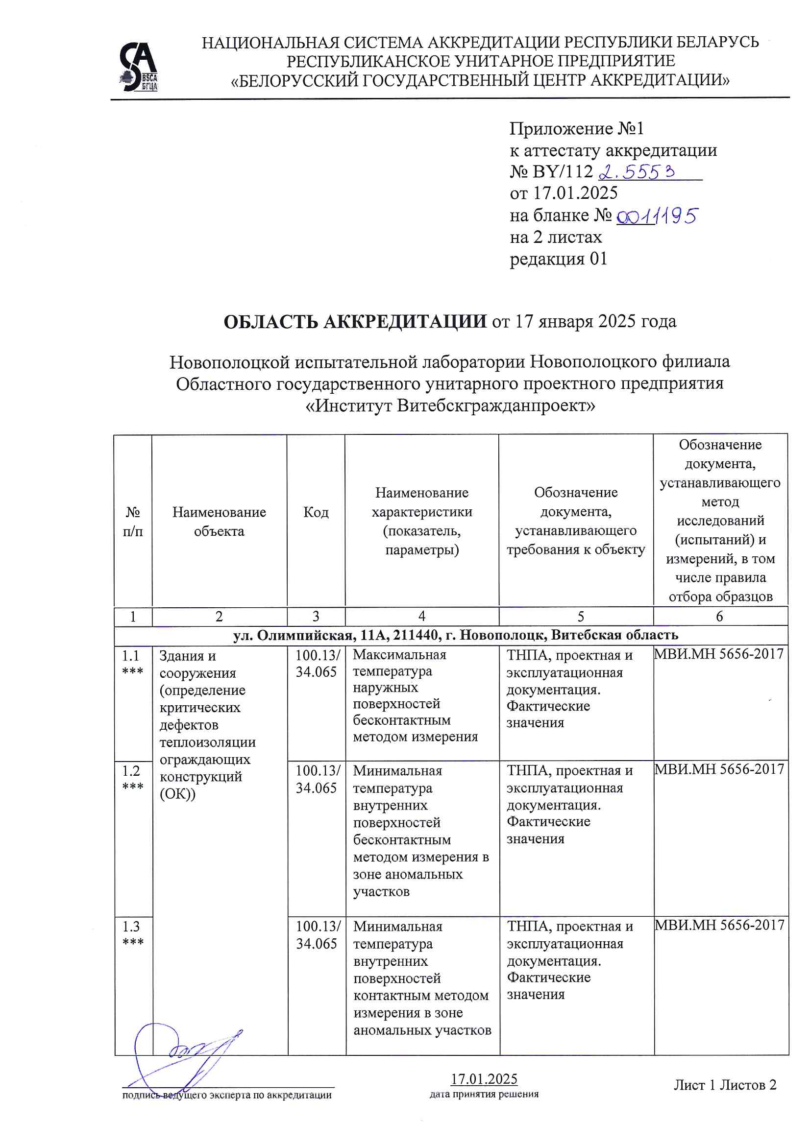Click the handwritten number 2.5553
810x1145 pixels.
point(637,172)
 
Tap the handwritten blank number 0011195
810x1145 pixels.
point(656,216)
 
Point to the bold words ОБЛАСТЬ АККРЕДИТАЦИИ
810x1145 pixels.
point(355,322)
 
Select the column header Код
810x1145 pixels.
point(316,512)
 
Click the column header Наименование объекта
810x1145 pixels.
point(219,521)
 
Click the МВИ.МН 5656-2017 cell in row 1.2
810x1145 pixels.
point(719,769)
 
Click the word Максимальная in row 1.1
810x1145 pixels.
point(399,655)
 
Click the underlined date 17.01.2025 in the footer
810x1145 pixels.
point(484,1079)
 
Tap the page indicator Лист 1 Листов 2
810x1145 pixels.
point(725,1085)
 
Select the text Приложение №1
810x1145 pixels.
point(576,129)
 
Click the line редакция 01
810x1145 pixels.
point(558,259)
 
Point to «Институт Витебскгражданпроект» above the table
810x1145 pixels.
point(450,406)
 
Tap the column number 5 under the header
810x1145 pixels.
point(580,617)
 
